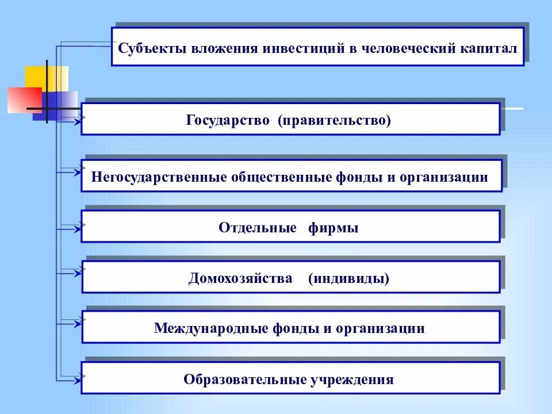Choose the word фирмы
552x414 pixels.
coord(333,228)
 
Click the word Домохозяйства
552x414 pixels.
coord(240,279)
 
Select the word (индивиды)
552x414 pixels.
coord(348,279)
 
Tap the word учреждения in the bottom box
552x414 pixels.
coord(352,379)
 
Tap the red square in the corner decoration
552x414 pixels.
coord(24,100)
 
